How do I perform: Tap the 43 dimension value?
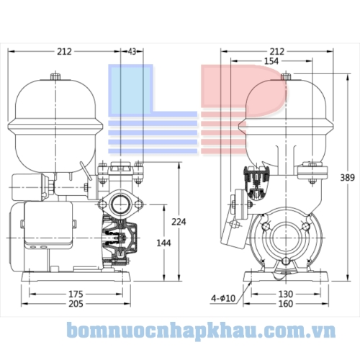[131, 51]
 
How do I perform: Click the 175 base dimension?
[76, 294]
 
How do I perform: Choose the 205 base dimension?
[76, 305]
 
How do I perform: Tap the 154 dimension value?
[271, 62]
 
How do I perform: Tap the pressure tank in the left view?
[54, 115]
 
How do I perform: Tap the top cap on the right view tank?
[286, 76]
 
